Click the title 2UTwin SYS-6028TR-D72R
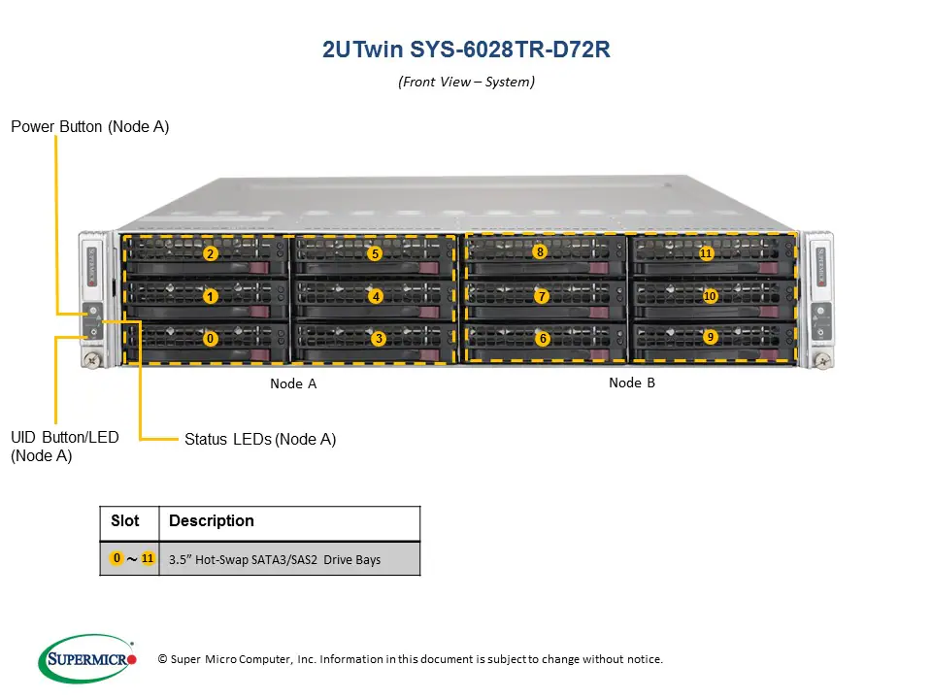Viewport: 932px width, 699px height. click(x=466, y=50)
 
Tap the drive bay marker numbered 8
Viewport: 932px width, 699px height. click(x=540, y=251)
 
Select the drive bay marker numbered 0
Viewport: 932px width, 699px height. click(x=211, y=339)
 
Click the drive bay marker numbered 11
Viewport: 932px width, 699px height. click(x=706, y=253)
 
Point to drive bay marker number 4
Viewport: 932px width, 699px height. click(x=376, y=296)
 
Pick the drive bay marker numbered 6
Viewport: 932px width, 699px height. click(x=543, y=339)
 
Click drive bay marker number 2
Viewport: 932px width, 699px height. click(x=210, y=254)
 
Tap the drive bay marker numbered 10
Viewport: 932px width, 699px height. click(x=710, y=296)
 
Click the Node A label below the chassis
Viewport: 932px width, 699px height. click(x=293, y=383)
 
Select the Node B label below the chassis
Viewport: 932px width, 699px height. click(x=632, y=383)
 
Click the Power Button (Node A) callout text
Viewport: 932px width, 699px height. click(x=90, y=126)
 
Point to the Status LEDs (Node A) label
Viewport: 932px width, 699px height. click(x=260, y=439)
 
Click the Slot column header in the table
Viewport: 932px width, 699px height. click(x=125, y=521)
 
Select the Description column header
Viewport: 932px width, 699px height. click(x=212, y=521)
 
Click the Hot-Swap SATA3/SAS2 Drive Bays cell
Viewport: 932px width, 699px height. click(x=275, y=559)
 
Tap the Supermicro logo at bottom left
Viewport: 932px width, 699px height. click(x=87, y=659)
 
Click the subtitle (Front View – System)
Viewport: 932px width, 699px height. click(x=466, y=82)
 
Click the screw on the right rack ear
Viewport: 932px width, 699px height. click(x=823, y=361)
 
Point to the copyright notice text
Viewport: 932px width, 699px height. click(x=410, y=659)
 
